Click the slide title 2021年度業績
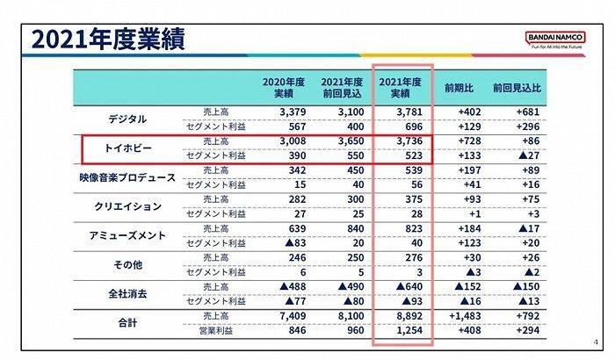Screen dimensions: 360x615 [109, 40]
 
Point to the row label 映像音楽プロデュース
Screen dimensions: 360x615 [128, 176]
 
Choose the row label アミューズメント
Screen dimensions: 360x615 [128, 234]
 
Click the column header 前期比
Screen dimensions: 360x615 [459, 89]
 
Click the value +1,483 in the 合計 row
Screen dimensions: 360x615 [459, 316]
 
